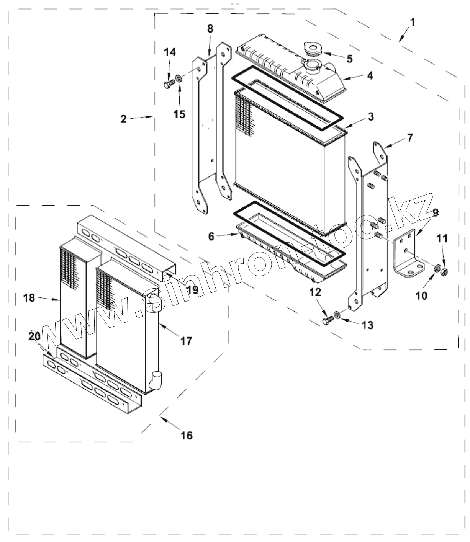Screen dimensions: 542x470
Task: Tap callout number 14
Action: [170, 52]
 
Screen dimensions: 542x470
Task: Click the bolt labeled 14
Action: [168, 84]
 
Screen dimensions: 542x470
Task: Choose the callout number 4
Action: [369, 75]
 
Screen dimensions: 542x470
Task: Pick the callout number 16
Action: [187, 435]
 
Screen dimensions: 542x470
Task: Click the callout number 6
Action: [211, 237]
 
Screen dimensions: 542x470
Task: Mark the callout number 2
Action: [123, 119]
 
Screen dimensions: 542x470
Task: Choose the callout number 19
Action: [192, 290]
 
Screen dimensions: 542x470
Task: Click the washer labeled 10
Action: [436, 269]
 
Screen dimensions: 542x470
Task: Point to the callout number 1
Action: [412, 22]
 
